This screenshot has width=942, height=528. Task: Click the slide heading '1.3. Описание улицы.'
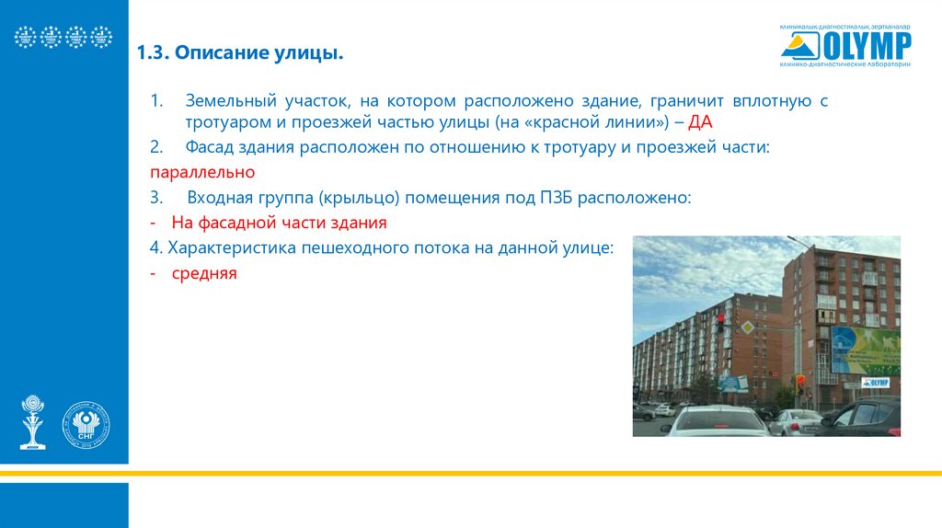click(240, 55)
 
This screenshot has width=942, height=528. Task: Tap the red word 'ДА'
click(701, 122)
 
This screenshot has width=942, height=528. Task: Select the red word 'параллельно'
click(203, 172)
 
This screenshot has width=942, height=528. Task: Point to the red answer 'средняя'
click(204, 273)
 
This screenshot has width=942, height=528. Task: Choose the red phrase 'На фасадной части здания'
click(279, 223)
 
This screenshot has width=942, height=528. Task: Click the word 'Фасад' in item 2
click(212, 147)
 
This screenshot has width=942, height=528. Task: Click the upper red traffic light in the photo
click(720, 321)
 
